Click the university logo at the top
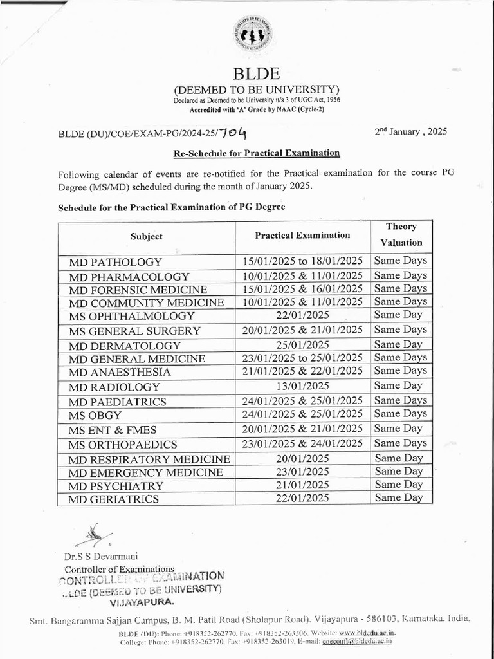[x=252, y=35]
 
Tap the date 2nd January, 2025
[x=410, y=132]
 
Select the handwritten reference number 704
[x=232, y=133]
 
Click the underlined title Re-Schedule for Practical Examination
[x=256, y=153]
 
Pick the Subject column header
[x=147, y=236]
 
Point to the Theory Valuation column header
[x=401, y=235]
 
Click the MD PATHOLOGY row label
[x=116, y=263]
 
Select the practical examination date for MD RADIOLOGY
[x=302, y=386]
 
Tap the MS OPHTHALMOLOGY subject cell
[x=132, y=316]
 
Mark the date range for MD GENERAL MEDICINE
[x=302, y=358]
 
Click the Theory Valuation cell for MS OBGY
[x=401, y=414]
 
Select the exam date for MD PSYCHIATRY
[x=302, y=485]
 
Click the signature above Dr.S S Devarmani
[x=93, y=534]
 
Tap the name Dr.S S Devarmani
[x=101, y=556]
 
